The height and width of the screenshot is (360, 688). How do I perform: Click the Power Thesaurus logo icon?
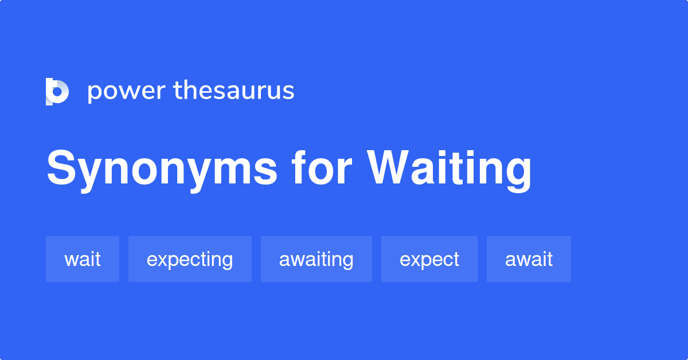[57, 92]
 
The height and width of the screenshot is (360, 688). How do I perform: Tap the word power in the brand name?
[126, 92]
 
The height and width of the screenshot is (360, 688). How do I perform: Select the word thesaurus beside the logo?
[234, 91]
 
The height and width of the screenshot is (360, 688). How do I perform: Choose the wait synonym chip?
[83, 259]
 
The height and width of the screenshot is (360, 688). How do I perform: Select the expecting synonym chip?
[190, 259]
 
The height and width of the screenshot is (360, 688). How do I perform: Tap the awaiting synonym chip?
[316, 259]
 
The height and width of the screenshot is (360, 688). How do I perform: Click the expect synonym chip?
[429, 259]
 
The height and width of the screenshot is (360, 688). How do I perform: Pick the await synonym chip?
[529, 259]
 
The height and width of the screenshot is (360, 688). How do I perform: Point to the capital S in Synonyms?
[62, 169]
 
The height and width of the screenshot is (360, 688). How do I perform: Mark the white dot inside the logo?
[57, 92]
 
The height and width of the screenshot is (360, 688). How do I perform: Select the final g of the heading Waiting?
[517, 173]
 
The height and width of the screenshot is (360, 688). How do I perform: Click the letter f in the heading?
[300, 167]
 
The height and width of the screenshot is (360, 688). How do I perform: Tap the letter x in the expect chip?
[415, 260]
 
